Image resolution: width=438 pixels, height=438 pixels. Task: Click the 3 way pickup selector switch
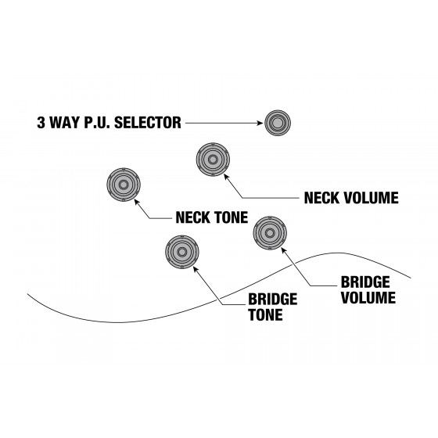(278, 123)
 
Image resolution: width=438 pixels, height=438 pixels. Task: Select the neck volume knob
(213, 160)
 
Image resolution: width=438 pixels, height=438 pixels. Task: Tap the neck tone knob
(124, 185)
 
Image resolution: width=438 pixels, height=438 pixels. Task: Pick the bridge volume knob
(270, 233)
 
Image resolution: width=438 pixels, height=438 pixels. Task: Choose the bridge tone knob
(181, 252)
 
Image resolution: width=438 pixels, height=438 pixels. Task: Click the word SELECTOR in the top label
(148, 123)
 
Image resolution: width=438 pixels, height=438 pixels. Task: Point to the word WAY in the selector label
(64, 123)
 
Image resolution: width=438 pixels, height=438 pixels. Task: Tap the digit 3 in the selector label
(41, 123)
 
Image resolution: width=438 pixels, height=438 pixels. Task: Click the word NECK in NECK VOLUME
(321, 198)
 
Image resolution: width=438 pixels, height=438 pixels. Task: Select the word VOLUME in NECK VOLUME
(371, 198)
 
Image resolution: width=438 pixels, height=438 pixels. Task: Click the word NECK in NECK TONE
(192, 217)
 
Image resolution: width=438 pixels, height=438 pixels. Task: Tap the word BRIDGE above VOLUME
(365, 282)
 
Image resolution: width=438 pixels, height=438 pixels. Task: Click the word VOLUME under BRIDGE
(368, 298)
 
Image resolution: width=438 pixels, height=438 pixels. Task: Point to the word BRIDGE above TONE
(273, 300)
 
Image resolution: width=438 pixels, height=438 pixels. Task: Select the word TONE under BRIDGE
(265, 314)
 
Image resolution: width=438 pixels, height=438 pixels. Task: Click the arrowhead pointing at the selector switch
(260, 123)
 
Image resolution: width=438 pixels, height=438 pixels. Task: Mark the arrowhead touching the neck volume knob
(226, 177)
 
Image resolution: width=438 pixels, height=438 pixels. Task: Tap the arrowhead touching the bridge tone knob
(196, 269)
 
